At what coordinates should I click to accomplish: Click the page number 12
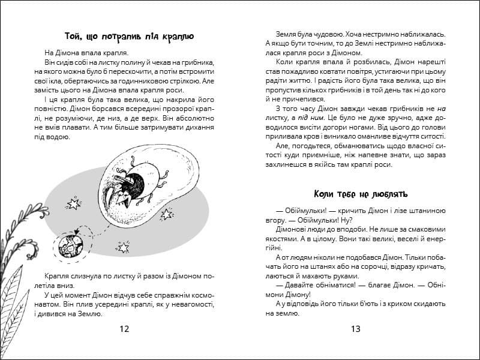click(124, 328)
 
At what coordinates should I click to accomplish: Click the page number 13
click(355, 328)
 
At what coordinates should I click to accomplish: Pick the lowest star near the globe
click(124, 247)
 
